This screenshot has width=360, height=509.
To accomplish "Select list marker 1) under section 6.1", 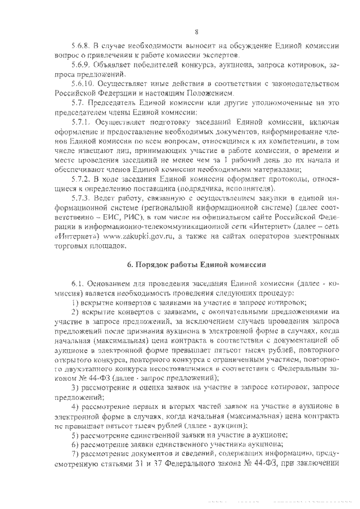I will coord(74,302).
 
